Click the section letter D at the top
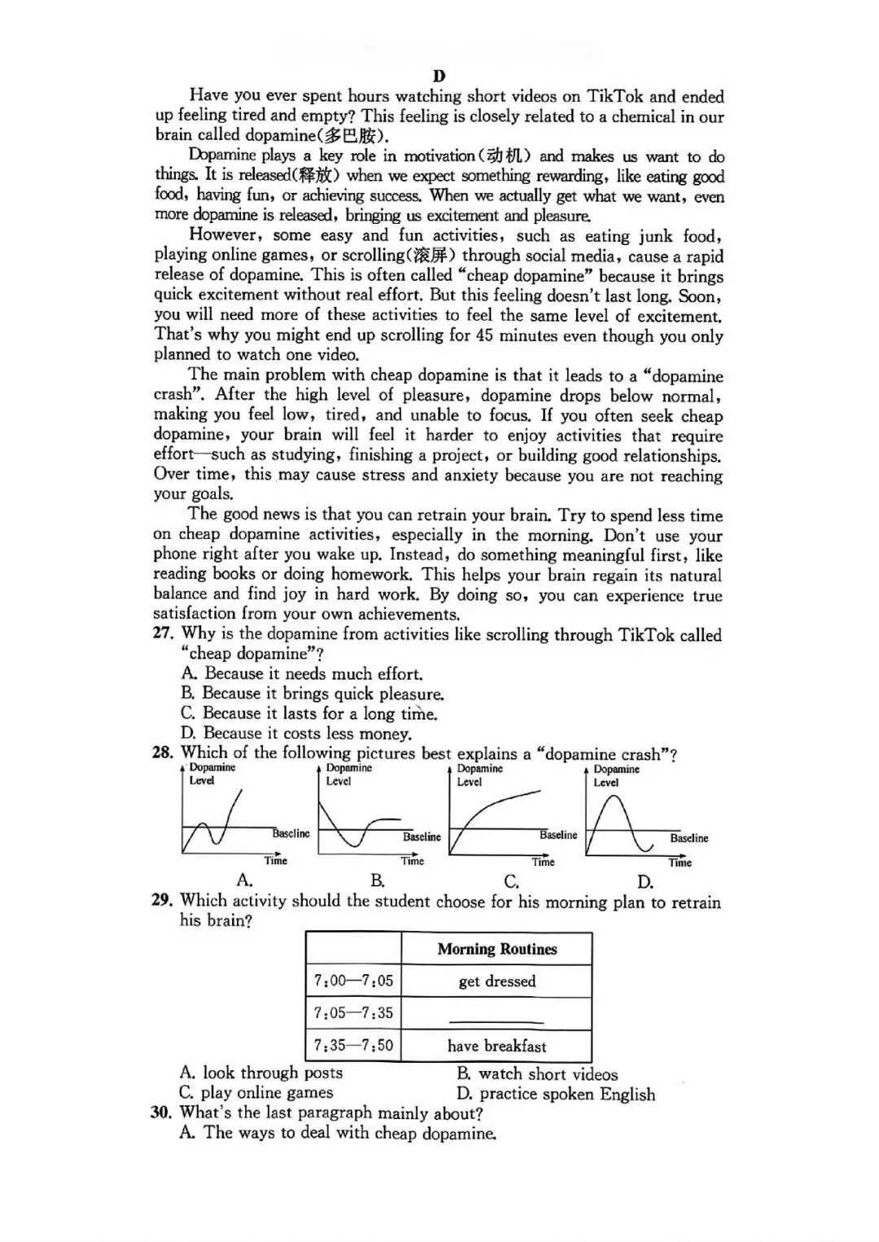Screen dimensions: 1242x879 439,77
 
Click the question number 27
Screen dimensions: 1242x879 163,634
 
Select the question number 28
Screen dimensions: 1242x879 163,753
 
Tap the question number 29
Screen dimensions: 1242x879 162,900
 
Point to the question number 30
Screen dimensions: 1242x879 162,1113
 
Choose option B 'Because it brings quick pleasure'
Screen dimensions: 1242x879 313,693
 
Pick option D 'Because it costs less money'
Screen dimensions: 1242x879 296,733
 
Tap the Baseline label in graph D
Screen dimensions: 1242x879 689,838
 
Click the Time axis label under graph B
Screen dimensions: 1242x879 412,861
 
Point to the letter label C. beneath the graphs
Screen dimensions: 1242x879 511,881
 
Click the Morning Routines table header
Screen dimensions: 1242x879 496,949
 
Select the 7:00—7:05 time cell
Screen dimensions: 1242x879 353,981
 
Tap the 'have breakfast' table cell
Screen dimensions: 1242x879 496,1046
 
